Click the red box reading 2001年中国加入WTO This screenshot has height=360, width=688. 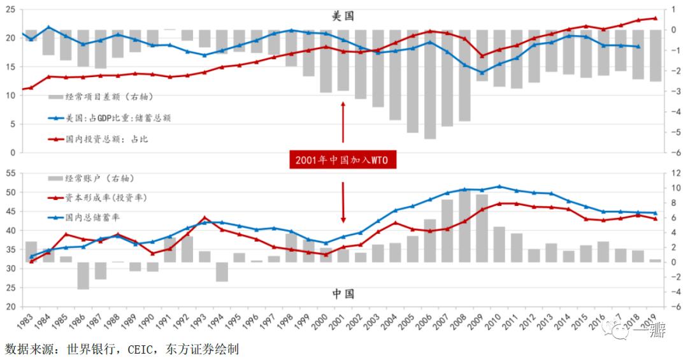[343, 161]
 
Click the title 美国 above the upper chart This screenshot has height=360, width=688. [343, 16]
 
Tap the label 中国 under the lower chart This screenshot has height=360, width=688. [343, 294]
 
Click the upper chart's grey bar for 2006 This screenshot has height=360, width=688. [430, 83]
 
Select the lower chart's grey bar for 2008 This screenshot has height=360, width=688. [464, 226]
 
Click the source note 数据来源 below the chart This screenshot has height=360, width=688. [121, 349]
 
